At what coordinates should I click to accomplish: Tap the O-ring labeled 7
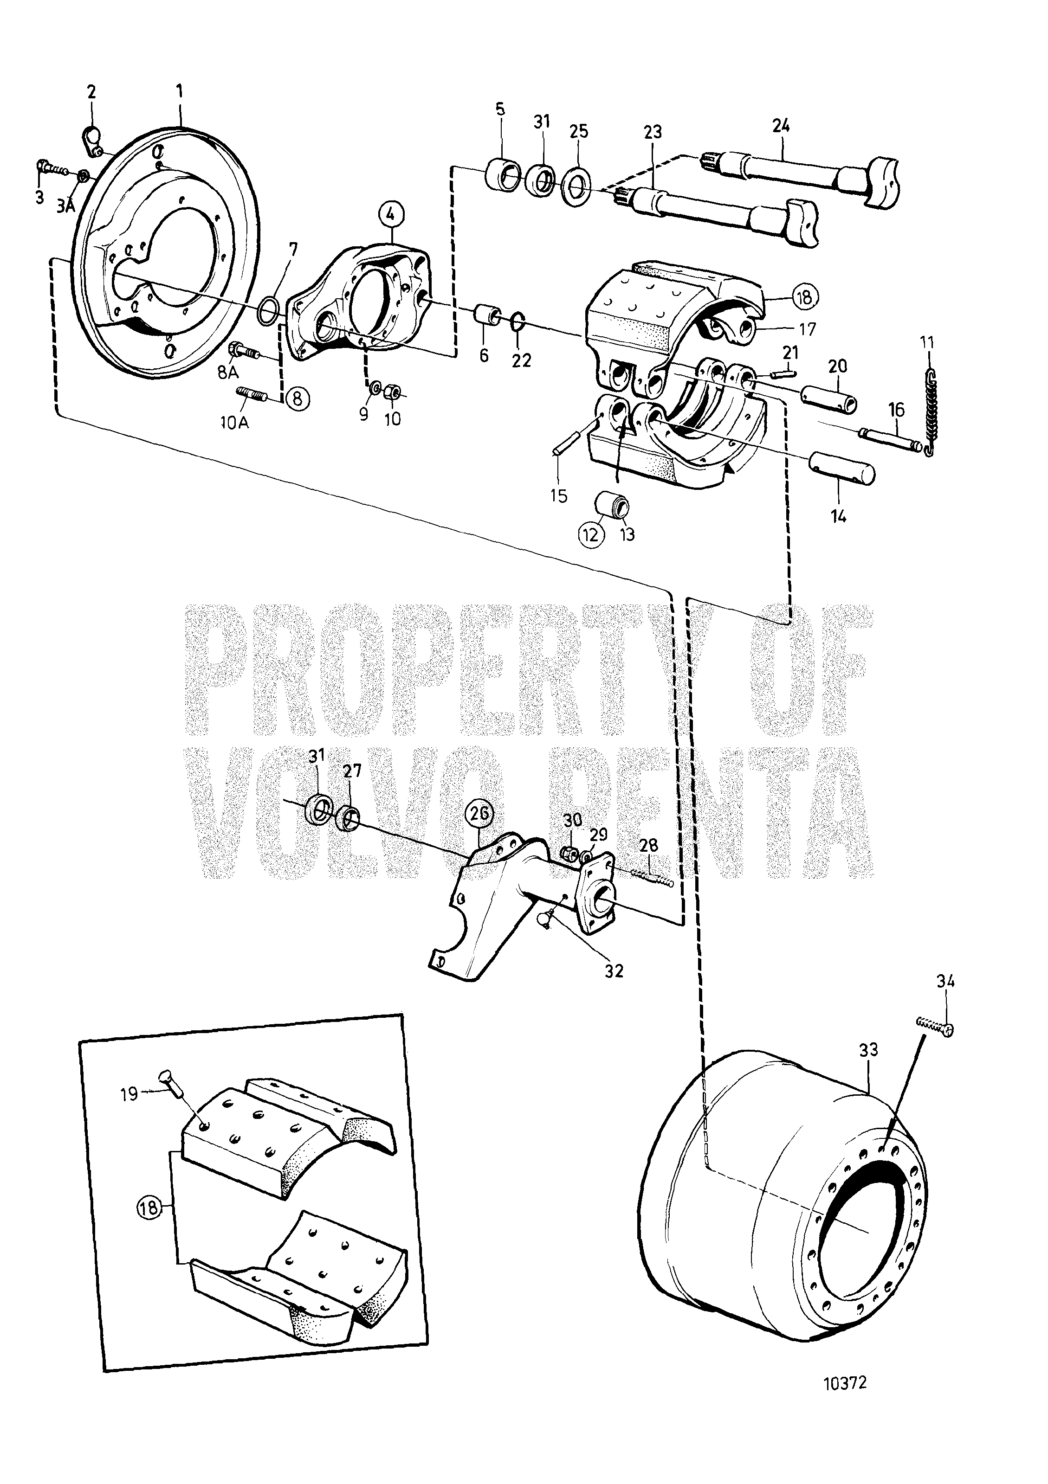(x=270, y=309)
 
